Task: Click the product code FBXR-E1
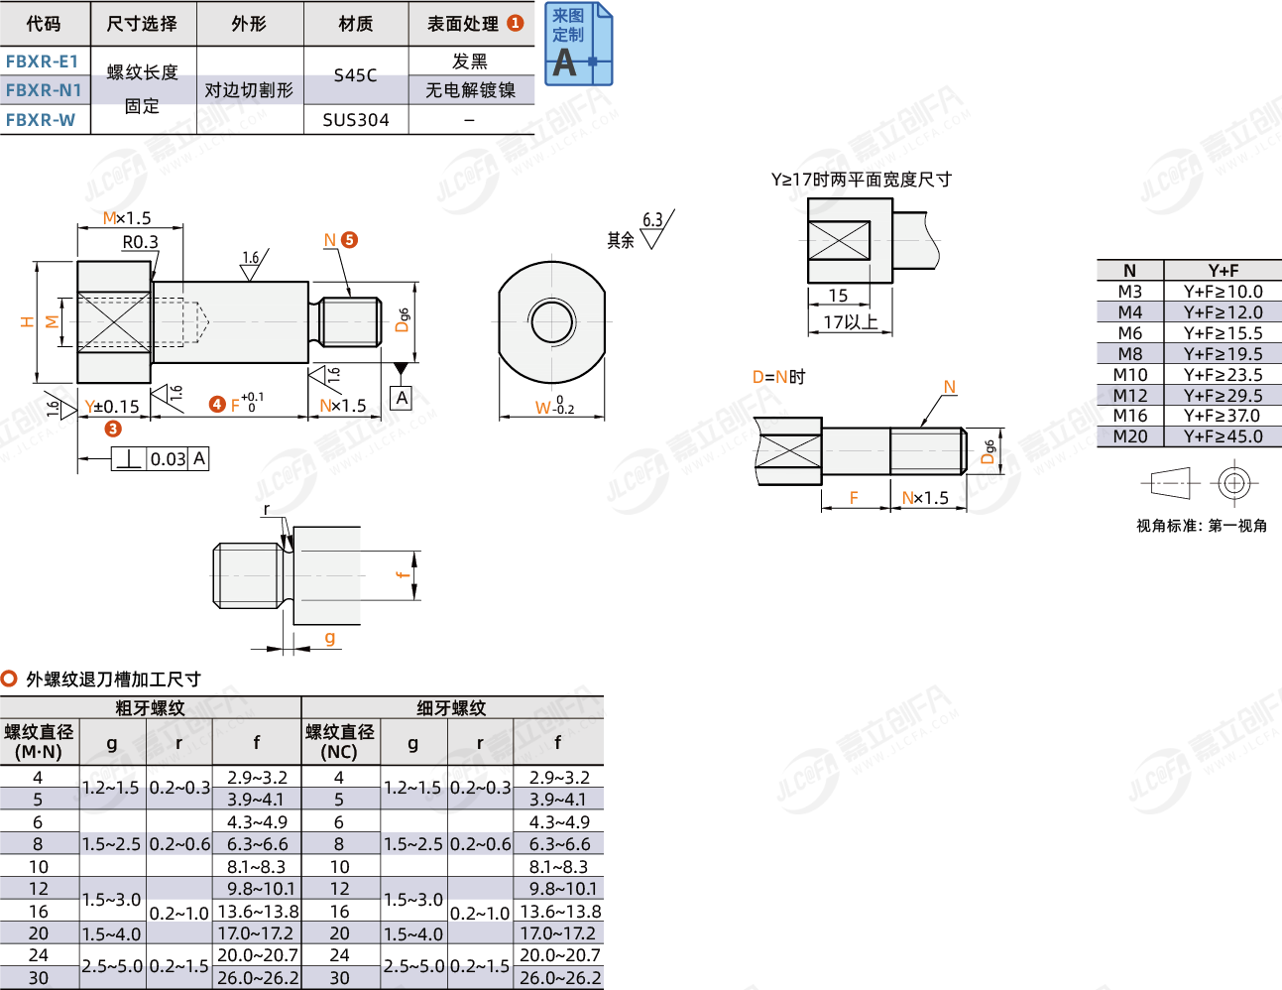pyautogui.click(x=42, y=62)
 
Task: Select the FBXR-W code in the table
pyautogui.click(x=41, y=120)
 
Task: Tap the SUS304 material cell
pyautogui.click(x=356, y=120)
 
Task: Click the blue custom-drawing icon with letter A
pyautogui.click(x=578, y=44)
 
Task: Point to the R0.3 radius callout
pyautogui.click(x=141, y=242)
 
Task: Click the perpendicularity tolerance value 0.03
pyautogui.click(x=168, y=459)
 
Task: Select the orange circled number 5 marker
pyautogui.click(x=349, y=240)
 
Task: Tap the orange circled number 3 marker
pyautogui.click(x=113, y=429)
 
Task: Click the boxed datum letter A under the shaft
pyautogui.click(x=402, y=398)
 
